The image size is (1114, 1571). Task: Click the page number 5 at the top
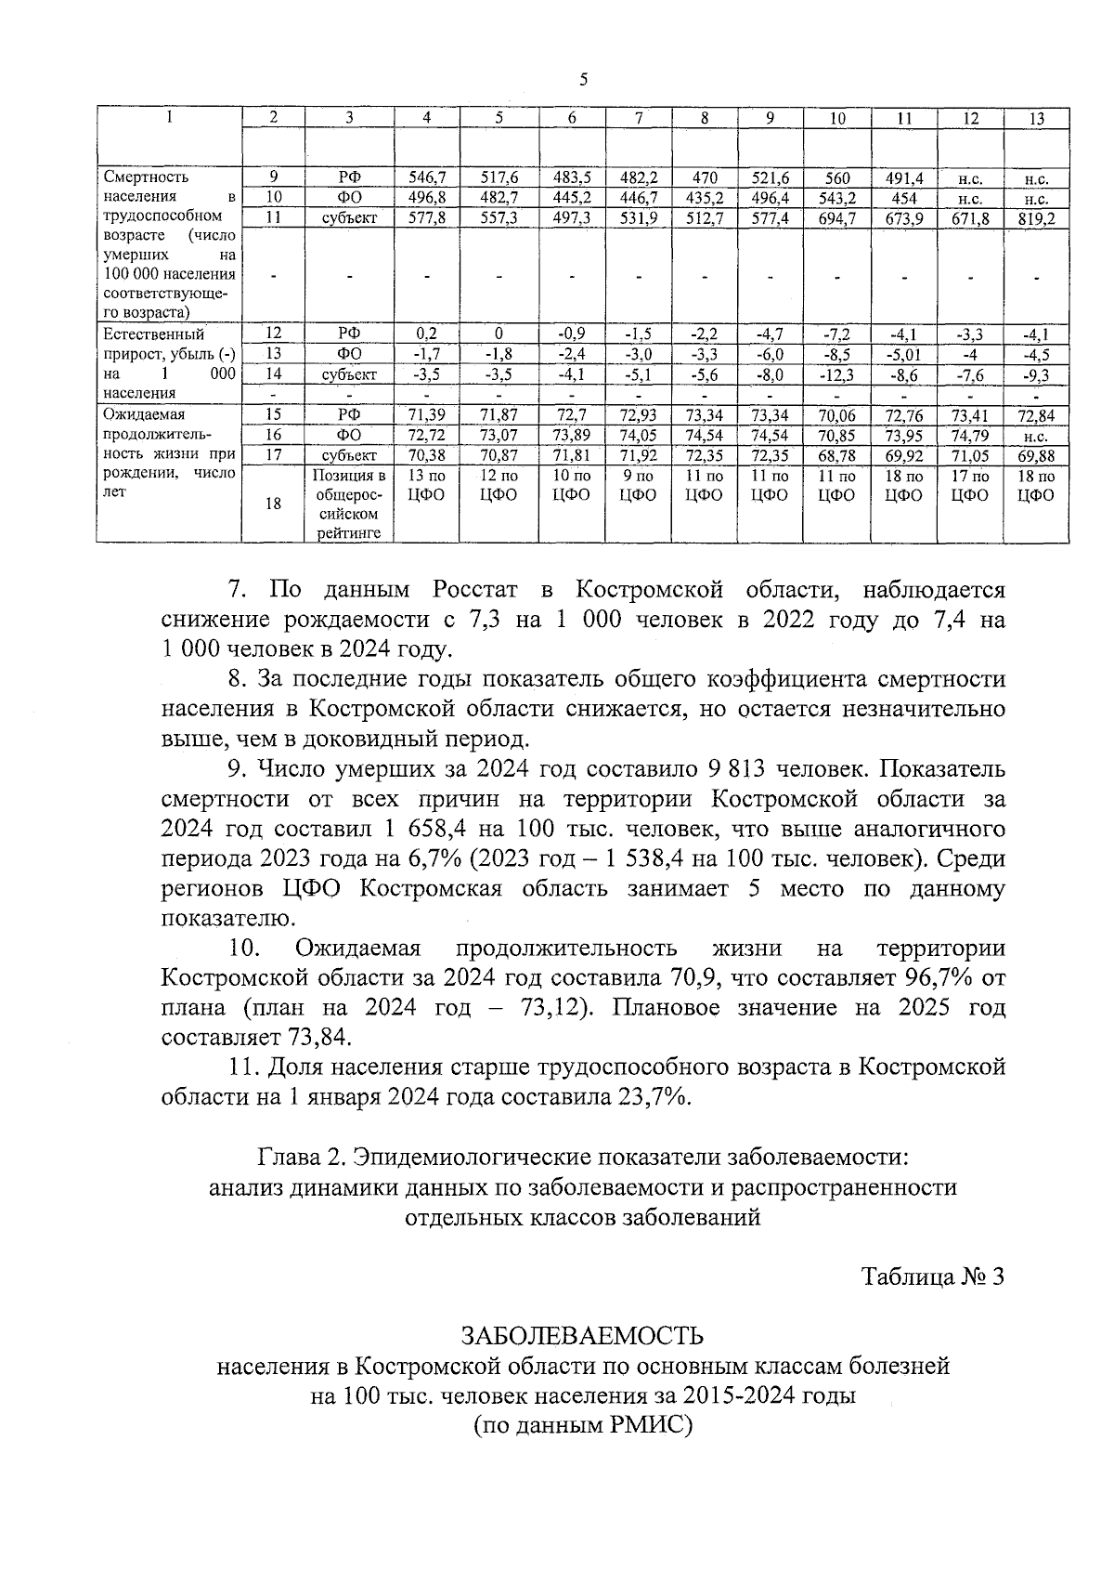point(583,80)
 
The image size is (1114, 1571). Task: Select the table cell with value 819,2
point(1036,218)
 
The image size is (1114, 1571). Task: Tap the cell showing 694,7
point(836,218)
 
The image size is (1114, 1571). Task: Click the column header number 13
point(1036,118)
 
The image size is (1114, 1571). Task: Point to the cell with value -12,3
point(836,374)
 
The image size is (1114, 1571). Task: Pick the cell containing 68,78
point(836,455)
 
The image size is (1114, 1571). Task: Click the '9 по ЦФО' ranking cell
point(639,485)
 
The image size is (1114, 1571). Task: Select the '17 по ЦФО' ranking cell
point(969,485)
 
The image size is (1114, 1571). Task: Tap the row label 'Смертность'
point(147,177)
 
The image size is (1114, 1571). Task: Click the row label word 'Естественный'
point(154,334)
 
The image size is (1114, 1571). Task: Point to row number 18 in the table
point(274,504)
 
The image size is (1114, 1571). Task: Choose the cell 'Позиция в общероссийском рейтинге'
point(348,504)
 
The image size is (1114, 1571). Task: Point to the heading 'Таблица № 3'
point(932,1276)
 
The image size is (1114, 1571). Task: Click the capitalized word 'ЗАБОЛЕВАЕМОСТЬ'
point(583,1336)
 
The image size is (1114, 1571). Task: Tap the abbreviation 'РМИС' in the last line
point(647,1425)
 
